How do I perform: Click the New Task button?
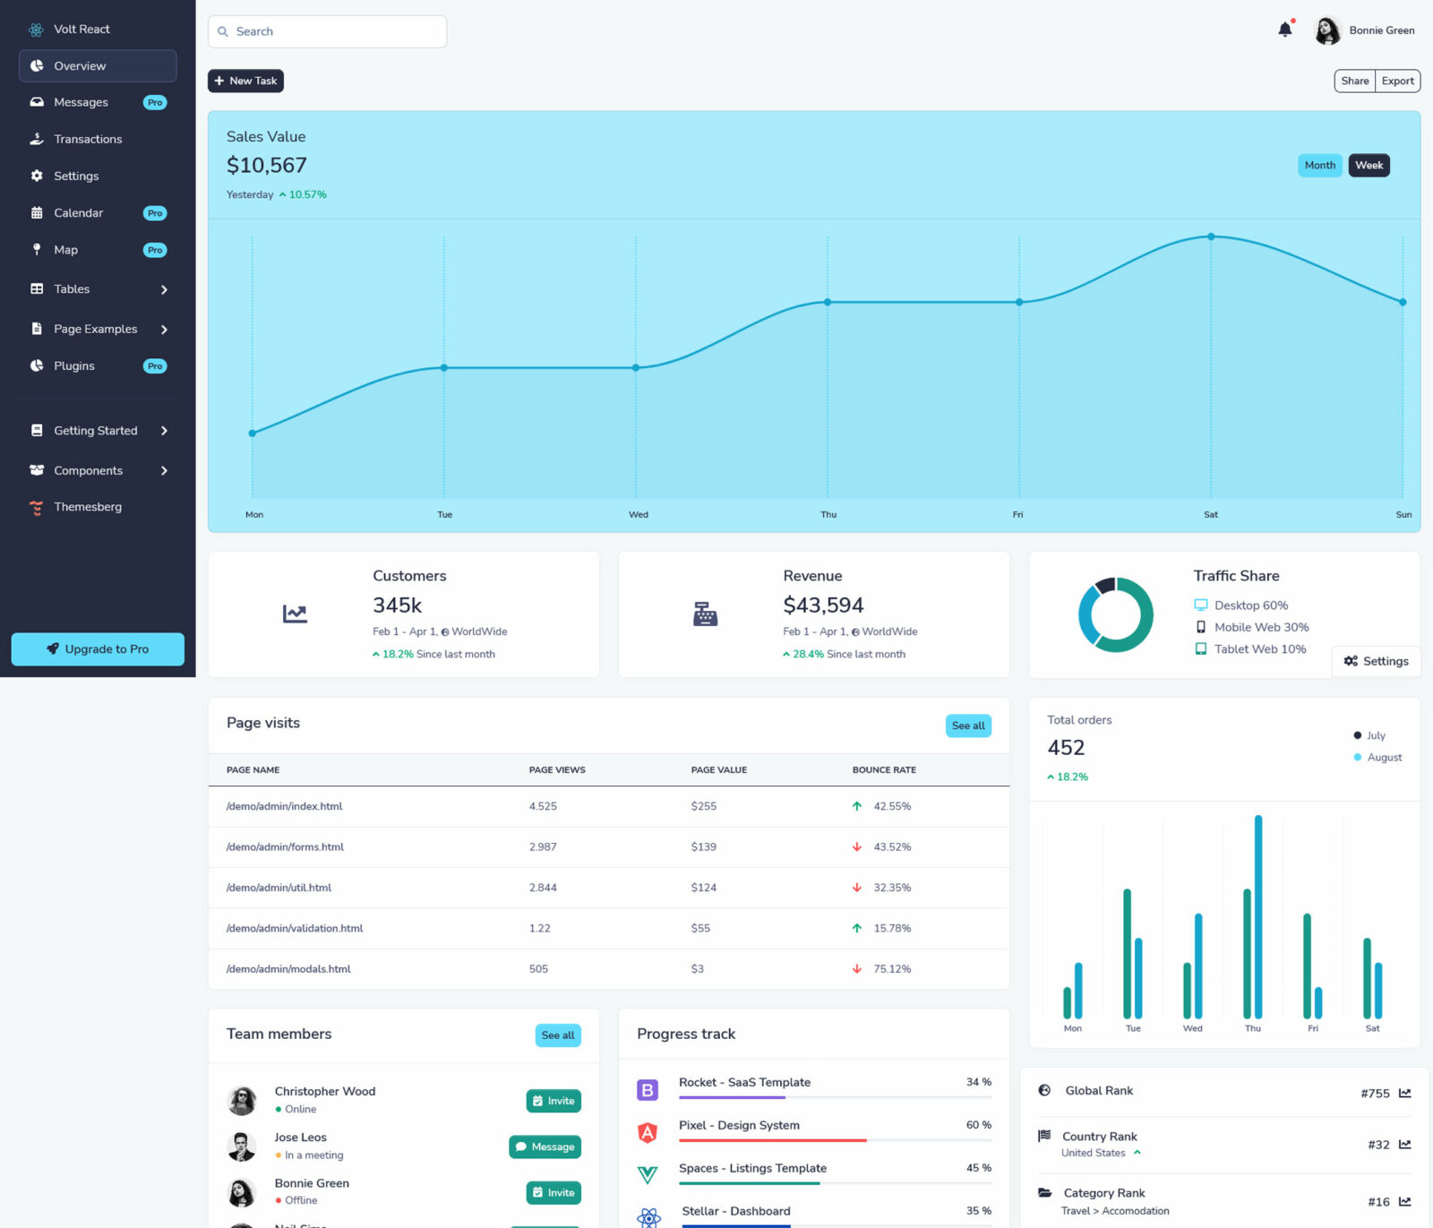tap(245, 81)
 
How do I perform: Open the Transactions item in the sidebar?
tap(88, 139)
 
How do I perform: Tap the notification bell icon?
tap(1284, 30)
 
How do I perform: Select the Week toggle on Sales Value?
tap(1369, 165)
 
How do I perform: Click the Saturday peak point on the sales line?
tap(1211, 236)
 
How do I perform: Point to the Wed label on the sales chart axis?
tap(638, 514)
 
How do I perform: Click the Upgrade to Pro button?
tap(98, 649)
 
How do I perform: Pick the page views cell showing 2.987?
tap(543, 846)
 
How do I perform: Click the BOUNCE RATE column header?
tap(884, 769)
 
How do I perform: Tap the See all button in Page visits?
tap(967, 726)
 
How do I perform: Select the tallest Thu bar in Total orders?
tap(1258, 914)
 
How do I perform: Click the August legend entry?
tap(1384, 757)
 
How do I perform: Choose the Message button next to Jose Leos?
tap(545, 1146)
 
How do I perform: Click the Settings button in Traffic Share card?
tap(1376, 661)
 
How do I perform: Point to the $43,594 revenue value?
tap(823, 605)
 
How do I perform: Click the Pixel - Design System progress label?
tap(739, 1125)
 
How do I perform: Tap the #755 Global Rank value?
tap(1375, 1093)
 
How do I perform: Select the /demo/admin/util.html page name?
tap(279, 888)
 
